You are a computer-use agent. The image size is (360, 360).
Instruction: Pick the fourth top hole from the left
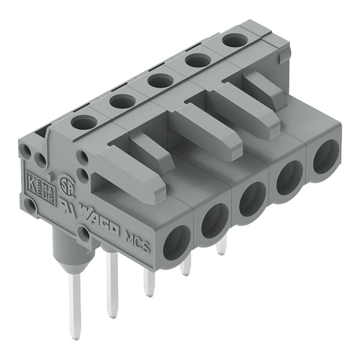tap(197, 62)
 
